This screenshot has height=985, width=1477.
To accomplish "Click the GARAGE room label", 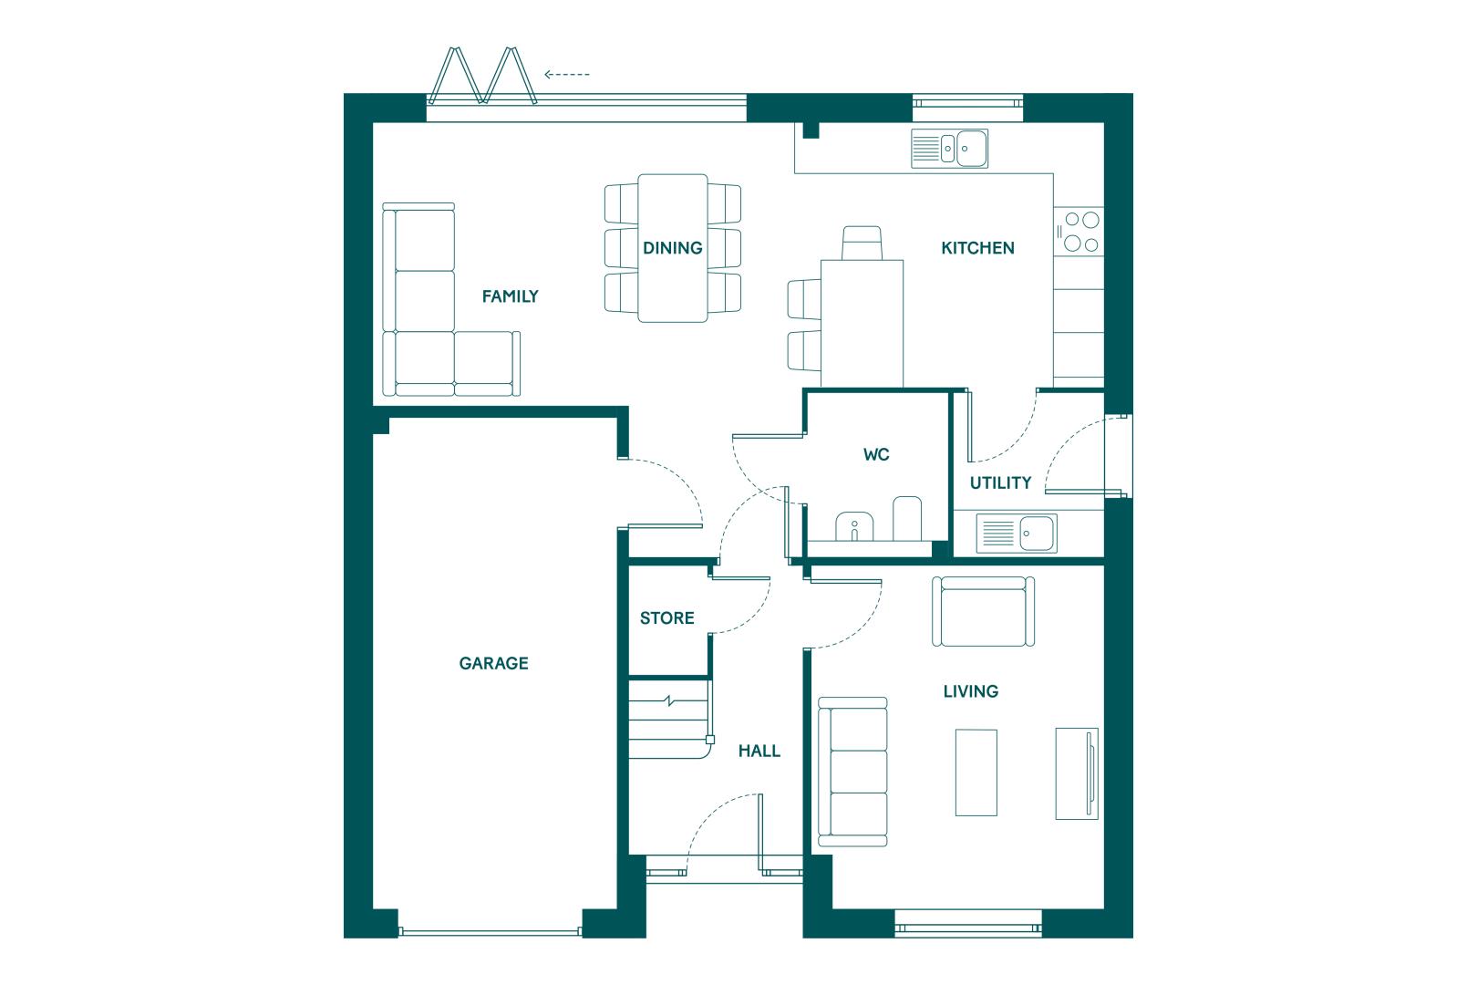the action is [494, 663].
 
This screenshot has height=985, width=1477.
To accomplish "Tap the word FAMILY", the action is [511, 296].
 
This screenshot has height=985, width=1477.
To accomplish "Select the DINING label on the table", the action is [673, 248].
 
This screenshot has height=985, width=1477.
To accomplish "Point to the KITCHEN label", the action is [978, 248].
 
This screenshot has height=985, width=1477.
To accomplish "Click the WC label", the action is [876, 454].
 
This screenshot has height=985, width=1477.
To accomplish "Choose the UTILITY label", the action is [1000, 483].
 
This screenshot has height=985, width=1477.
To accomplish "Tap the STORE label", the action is [667, 618].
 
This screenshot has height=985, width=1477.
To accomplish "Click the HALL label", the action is [759, 751].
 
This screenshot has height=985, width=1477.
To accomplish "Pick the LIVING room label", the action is [971, 691].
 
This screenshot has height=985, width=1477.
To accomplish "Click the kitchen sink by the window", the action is [949, 149].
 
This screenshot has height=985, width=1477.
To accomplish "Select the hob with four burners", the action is [1079, 232].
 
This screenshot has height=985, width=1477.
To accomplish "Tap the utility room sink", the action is [1017, 533].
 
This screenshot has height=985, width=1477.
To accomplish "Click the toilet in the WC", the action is [907, 519].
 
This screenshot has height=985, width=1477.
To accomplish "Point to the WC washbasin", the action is [854, 526].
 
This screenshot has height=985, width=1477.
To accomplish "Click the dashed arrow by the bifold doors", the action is [567, 75].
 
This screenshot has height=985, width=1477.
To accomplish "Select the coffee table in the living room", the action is [976, 772].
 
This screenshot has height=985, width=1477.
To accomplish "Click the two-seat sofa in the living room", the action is [983, 612].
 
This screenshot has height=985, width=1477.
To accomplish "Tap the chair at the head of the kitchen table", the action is [862, 243].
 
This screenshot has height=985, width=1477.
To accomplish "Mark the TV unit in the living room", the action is [1078, 774].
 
